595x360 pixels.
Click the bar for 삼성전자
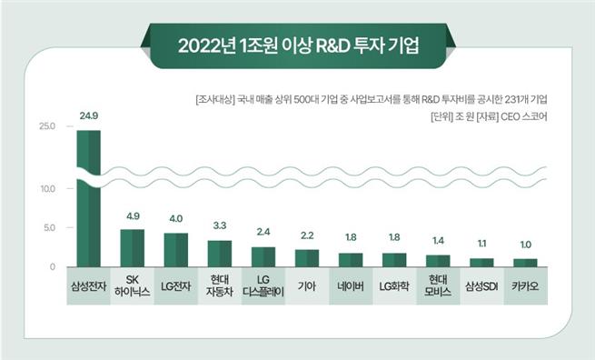click(88, 200)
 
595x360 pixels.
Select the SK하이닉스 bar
click(132, 248)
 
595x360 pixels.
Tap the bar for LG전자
click(175, 250)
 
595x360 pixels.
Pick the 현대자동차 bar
click(219, 254)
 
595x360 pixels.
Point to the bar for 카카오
click(525, 263)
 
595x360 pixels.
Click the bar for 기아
click(307, 258)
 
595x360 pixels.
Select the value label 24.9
click(89, 116)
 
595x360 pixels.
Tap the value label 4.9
click(133, 215)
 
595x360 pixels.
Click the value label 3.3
click(220, 225)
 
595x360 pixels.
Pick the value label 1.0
click(525, 244)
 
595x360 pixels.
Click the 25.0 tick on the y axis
click(47, 125)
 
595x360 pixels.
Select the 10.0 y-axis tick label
click(47, 188)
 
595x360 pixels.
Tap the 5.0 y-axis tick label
click(48, 227)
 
